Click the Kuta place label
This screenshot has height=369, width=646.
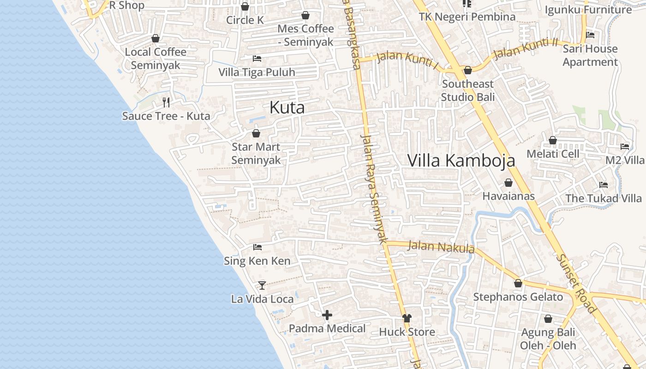(287, 107)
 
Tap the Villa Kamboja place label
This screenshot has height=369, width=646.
(461, 160)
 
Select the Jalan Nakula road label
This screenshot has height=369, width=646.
(441, 247)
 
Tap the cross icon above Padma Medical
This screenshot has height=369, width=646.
(327, 315)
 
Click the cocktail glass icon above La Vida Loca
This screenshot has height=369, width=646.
(262, 285)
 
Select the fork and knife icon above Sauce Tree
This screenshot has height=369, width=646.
(166, 102)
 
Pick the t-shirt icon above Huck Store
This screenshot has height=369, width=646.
(407, 318)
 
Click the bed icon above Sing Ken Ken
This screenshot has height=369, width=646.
(257, 247)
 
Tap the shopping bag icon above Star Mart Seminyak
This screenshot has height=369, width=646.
(256, 134)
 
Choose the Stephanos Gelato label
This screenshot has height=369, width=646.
(518, 297)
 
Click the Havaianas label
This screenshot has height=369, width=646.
(508, 196)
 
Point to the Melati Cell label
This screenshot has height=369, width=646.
(553, 154)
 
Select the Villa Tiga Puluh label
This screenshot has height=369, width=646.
(257, 72)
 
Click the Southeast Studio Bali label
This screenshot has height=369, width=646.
(468, 90)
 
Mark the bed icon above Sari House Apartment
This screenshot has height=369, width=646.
(590, 35)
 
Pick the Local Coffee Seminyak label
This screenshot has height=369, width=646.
(156, 59)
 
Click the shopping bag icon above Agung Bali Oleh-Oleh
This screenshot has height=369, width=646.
(548, 319)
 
